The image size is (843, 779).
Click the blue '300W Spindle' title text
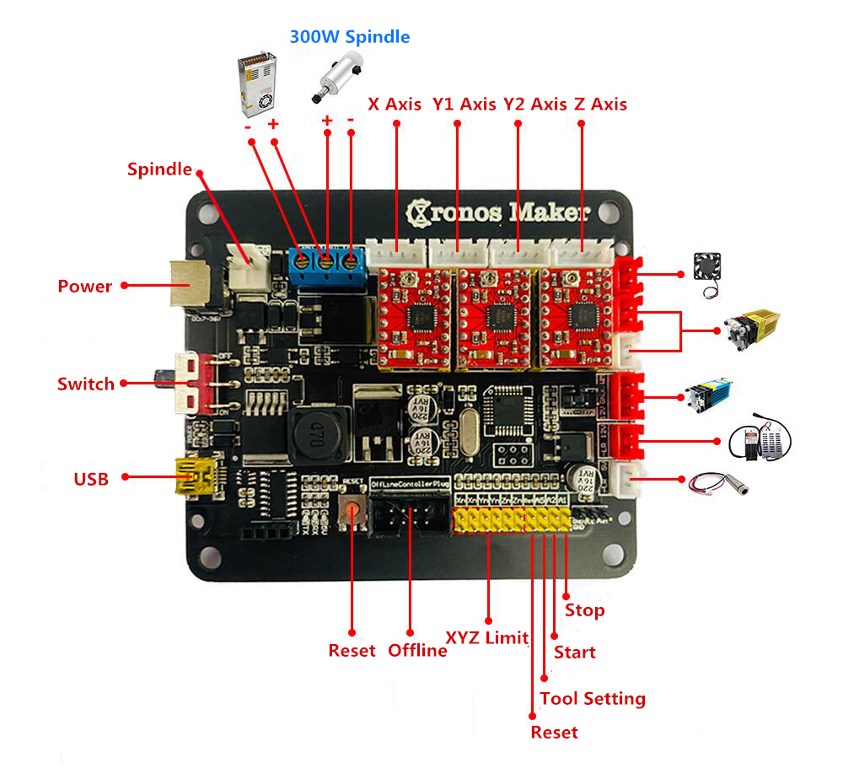click(x=350, y=37)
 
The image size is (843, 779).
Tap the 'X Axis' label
click(x=395, y=105)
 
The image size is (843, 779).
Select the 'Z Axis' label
click(x=600, y=105)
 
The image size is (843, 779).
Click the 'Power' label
click(x=84, y=287)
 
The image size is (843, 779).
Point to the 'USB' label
click(x=91, y=479)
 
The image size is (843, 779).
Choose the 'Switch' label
click(x=85, y=384)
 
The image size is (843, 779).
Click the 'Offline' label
click(x=417, y=650)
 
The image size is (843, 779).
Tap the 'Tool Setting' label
click(x=593, y=698)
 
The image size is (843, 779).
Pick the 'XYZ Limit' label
click(x=486, y=637)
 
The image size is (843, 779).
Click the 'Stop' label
click(x=584, y=610)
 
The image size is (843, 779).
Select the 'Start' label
click(x=574, y=652)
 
